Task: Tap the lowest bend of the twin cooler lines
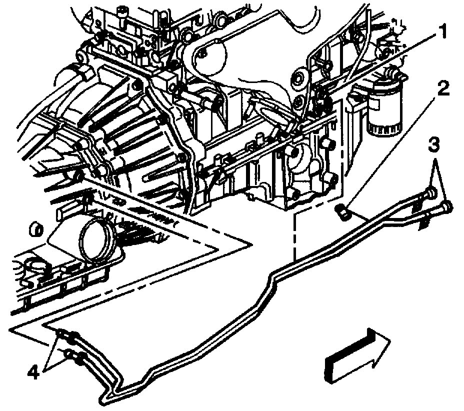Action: pos(107,397)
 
